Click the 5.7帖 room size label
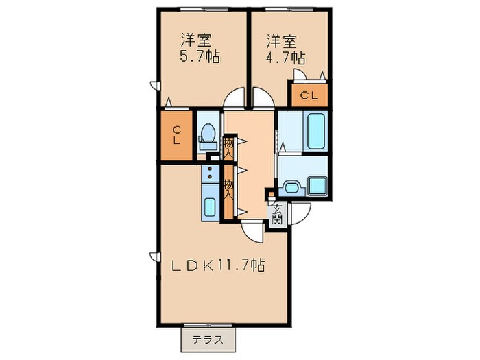coord(200,56)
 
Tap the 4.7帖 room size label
coord(285,57)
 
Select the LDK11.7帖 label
coord(217,265)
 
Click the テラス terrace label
coord(208,340)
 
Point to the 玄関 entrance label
coord(277,214)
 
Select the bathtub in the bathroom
coord(315,131)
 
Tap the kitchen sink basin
coord(210,207)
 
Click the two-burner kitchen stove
coord(210,173)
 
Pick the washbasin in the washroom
coord(292,187)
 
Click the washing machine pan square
coord(317,186)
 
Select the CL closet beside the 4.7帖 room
coord(309,95)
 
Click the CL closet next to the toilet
coord(177,135)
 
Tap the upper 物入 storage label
coord(228,148)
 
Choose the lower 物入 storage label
coord(228,190)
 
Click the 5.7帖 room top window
coord(204,8)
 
